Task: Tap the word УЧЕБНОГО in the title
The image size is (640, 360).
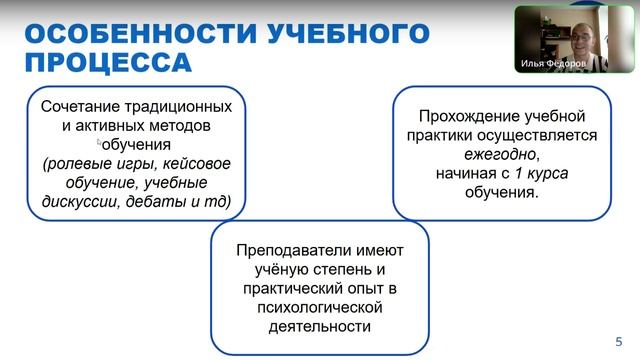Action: tap(349, 33)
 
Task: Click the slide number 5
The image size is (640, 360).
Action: tap(618, 339)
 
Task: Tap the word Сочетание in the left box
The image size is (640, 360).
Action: tap(75, 106)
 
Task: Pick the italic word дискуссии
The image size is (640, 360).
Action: tap(81, 201)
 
